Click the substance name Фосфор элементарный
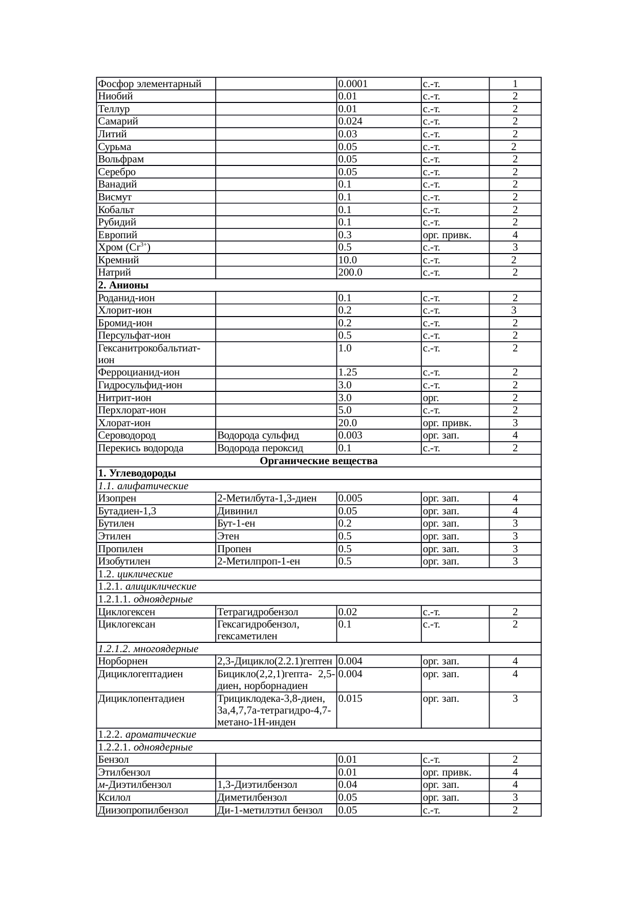(x=150, y=83)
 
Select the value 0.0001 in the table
(x=353, y=83)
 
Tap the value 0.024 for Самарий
(x=351, y=121)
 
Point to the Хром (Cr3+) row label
(x=124, y=247)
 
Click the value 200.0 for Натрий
(x=350, y=273)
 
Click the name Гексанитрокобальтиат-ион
(x=149, y=354)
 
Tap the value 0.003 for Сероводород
(x=351, y=435)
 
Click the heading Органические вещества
(x=319, y=461)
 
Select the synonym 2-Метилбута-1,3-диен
(x=267, y=498)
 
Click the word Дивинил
(x=238, y=511)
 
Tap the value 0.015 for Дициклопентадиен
(x=351, y=699)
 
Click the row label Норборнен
(x=123, y=662)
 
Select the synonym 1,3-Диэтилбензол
(x=257, y=785)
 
